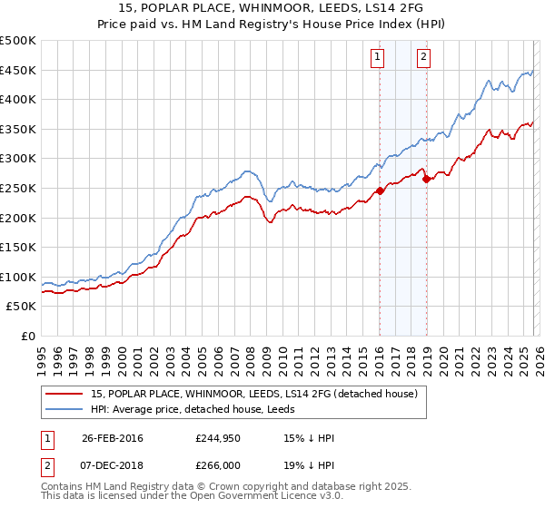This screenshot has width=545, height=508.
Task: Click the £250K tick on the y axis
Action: [x=18, y=188]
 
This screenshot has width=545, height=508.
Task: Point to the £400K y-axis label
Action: [x=18, y=100]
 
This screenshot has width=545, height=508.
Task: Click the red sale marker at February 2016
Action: [x=379, y=190]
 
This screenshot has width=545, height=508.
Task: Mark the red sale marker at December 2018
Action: [x=425, y=179]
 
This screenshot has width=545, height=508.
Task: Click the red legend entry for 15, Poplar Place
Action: [x=253, y=394]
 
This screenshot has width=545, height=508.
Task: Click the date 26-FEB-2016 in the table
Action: [x=113, y=438]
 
